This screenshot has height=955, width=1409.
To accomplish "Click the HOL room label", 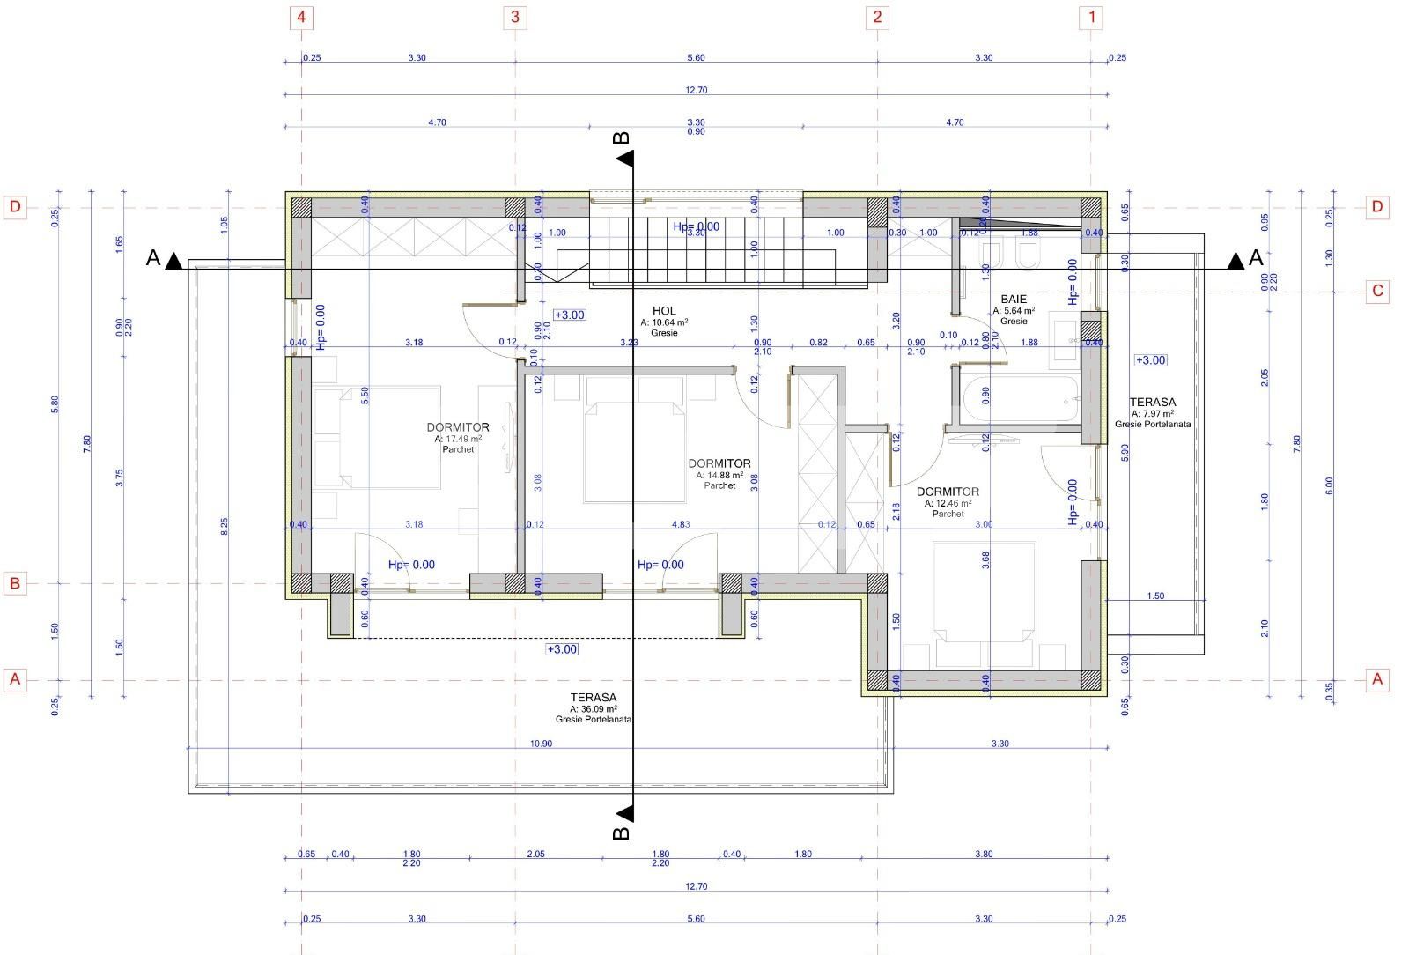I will (664, 310).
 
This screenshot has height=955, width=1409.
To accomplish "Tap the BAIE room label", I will (1014, 300).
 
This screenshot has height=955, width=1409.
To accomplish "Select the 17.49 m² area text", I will (458, 439).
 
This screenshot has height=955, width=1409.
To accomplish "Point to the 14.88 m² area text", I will (719, 475).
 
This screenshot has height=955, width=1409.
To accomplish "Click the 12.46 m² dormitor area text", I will (948, 503).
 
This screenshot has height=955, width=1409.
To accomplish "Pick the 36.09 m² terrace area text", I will (594, 708).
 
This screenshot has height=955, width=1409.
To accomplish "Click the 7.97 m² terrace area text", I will (1153, 413).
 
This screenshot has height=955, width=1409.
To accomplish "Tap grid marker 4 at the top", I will (302, 17).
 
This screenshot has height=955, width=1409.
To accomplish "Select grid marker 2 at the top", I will (876, 17).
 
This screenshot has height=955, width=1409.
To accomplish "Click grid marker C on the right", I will (1378, 291).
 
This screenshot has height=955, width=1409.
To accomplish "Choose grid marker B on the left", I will (15, 583).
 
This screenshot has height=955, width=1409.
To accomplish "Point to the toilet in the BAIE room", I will (1027, 256).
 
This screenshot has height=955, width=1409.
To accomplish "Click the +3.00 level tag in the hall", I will (569, 315).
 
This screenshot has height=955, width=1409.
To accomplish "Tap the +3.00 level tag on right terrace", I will (1150, 360).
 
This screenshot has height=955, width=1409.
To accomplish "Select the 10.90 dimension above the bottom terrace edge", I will (541, 744).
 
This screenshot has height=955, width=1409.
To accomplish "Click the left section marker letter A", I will (152, 259).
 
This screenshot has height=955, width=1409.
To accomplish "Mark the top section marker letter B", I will (621, 137).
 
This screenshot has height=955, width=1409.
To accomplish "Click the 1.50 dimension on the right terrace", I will (1155, 596).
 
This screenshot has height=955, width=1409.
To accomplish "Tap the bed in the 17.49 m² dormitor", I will (377, 436).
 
